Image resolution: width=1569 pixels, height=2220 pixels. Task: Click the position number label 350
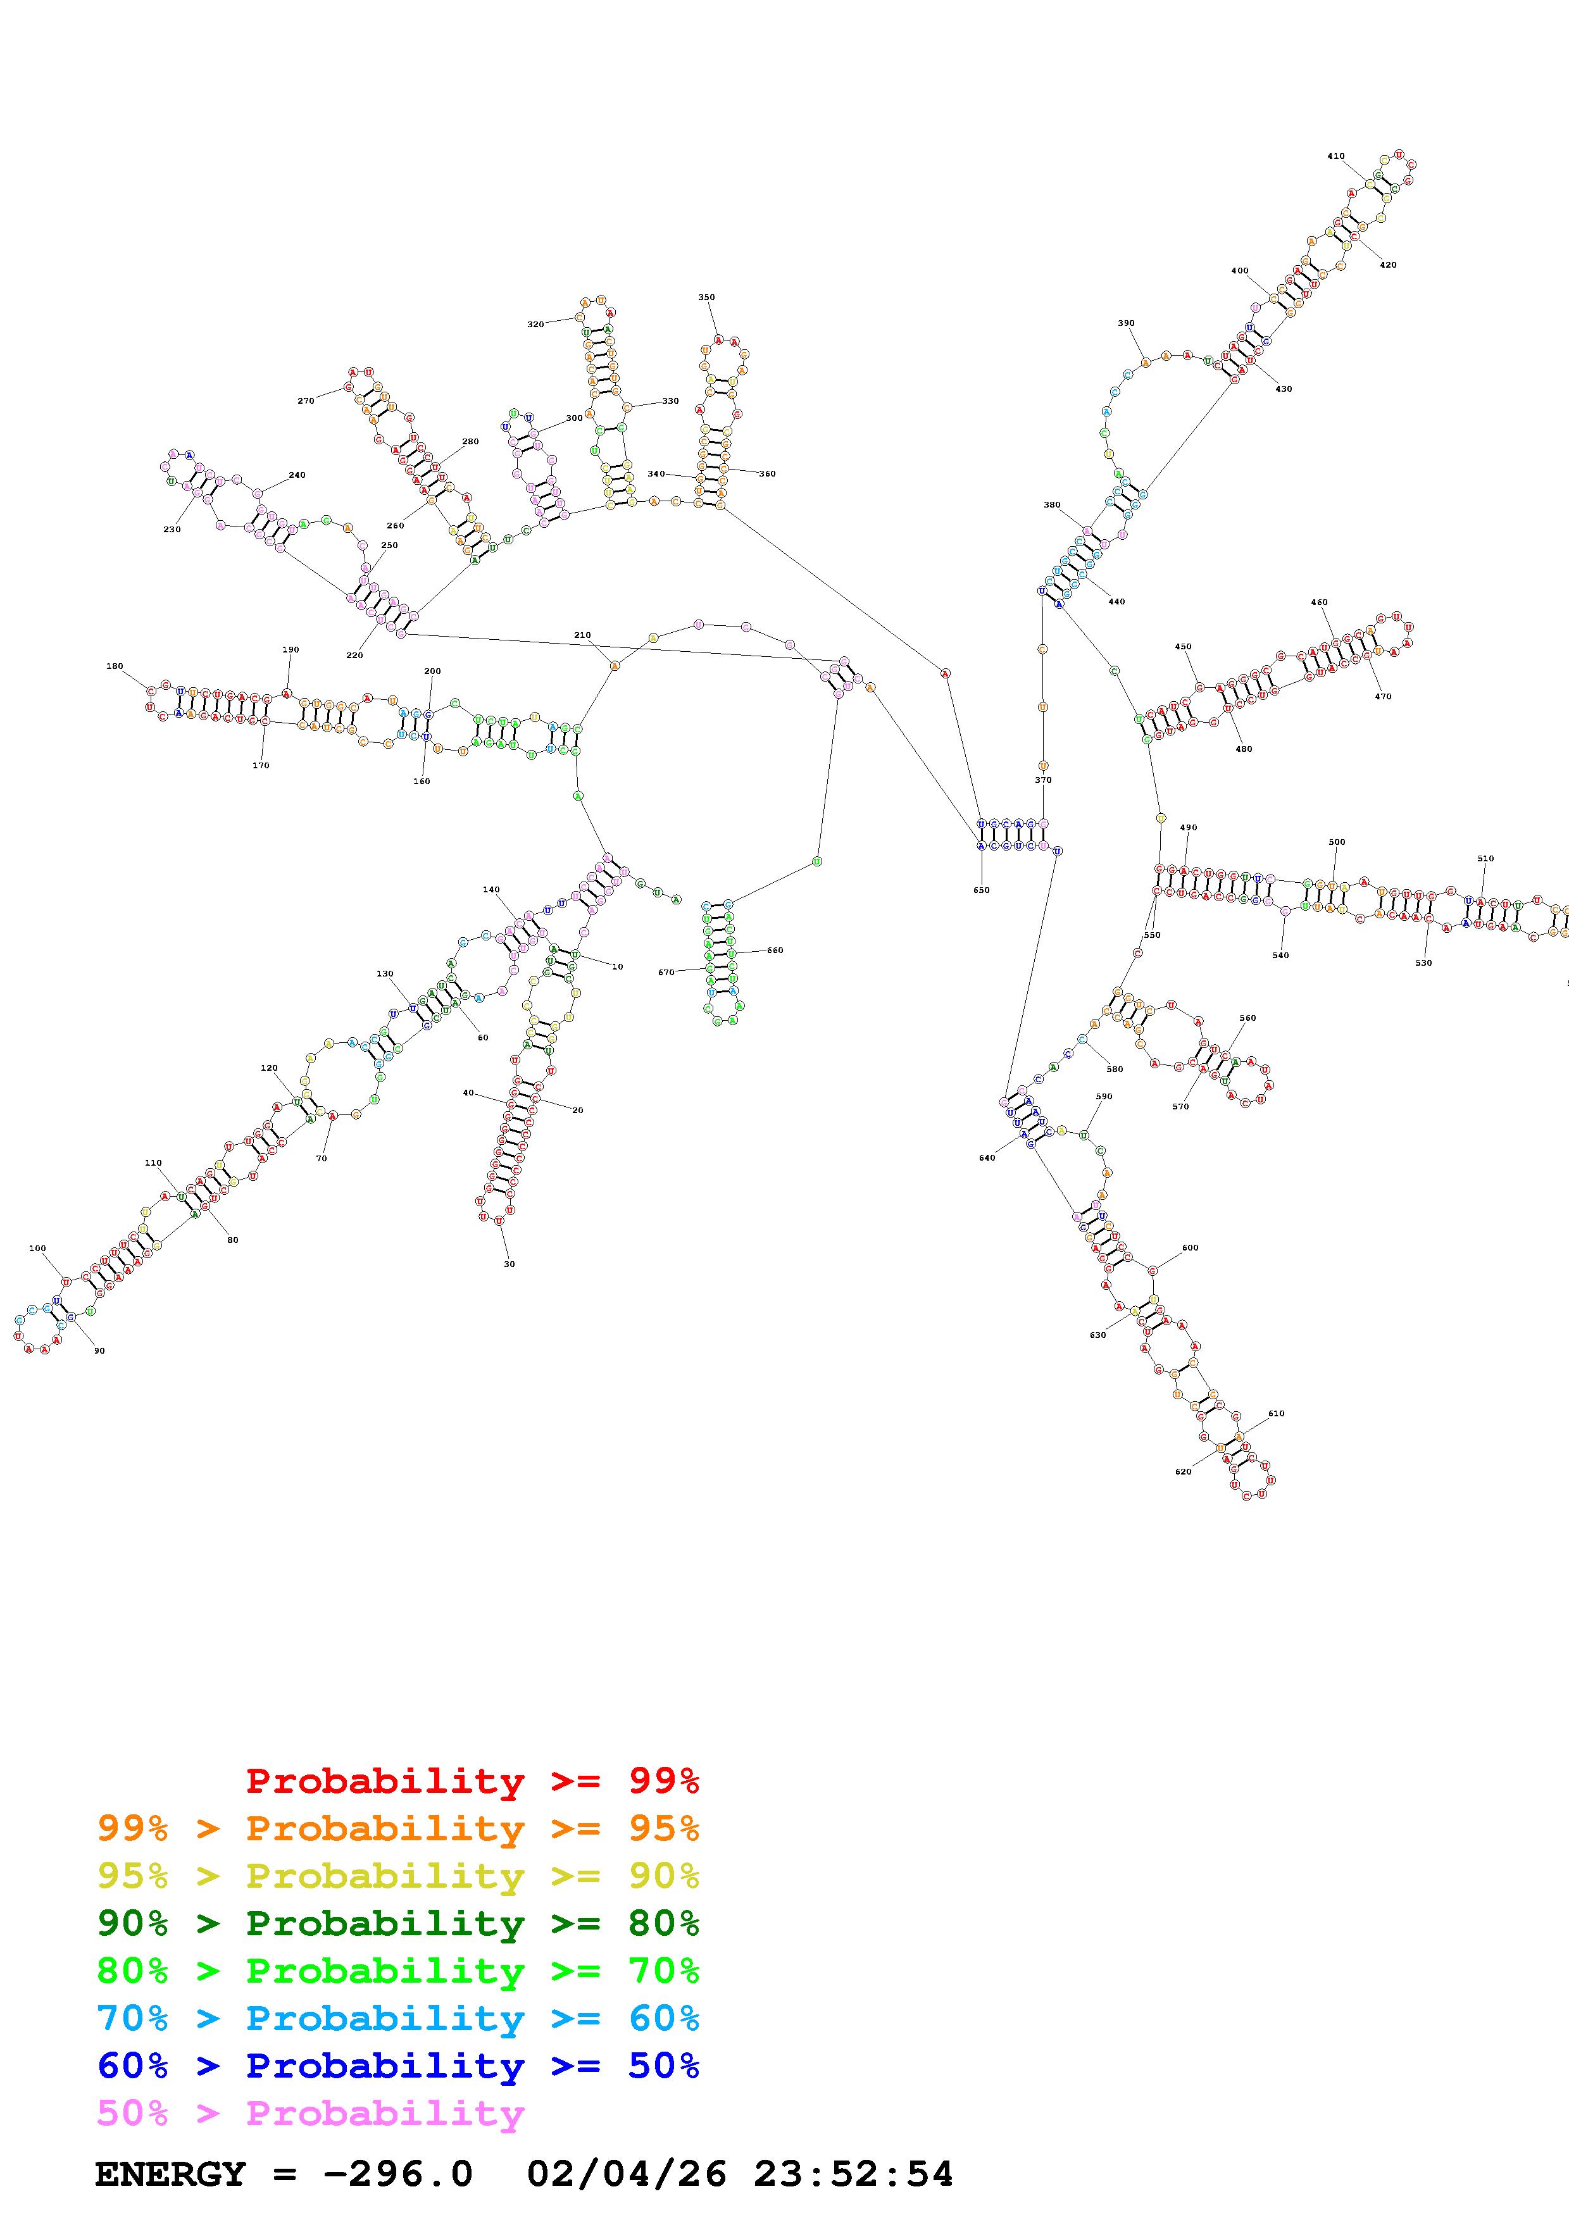(x=707, y=298)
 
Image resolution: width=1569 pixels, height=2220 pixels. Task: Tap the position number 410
(x=1335, y=156)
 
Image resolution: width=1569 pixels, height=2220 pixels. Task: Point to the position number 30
(x=509, y=1264)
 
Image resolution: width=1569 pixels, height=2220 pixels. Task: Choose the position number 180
(x=115, y=666)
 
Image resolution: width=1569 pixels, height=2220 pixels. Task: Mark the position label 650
(x=981, y=890)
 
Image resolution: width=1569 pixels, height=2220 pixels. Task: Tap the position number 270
(x=306, y=401)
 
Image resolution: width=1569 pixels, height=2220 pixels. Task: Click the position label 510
(x=1486, y=859)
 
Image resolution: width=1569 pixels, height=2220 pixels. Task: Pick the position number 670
(x=666, y=973)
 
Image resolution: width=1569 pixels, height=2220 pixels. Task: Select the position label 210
(x=582, y=635)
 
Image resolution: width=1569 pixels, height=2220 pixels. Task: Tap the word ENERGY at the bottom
(x=170, y=2174)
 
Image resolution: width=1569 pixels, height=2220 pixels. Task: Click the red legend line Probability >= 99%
(x=472, y=1780)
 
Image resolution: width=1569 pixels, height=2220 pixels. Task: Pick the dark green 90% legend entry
(x=398, y=1923)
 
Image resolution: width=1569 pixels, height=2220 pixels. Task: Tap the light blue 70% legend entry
(x=398, y=2018)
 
